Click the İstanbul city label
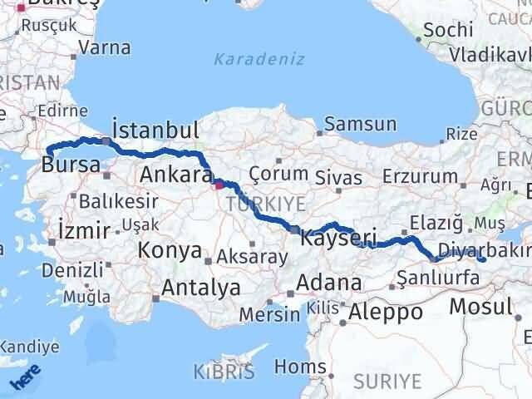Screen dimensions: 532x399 coord(155,131)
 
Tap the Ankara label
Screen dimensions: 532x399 coord(175,175)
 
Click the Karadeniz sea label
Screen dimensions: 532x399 coord(259,60)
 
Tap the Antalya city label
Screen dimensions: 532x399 coord(202,288)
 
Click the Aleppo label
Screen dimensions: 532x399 coord(386,313)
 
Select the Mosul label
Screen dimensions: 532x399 coord(480,306)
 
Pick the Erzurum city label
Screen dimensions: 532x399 coord(422,176)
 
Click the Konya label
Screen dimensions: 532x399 coord(170,250)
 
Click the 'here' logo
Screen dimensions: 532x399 coord(25,379)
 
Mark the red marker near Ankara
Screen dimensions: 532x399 coord(219,185)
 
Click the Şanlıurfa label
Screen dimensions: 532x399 coord(438,278)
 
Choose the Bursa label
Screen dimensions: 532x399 coord(71,165)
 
